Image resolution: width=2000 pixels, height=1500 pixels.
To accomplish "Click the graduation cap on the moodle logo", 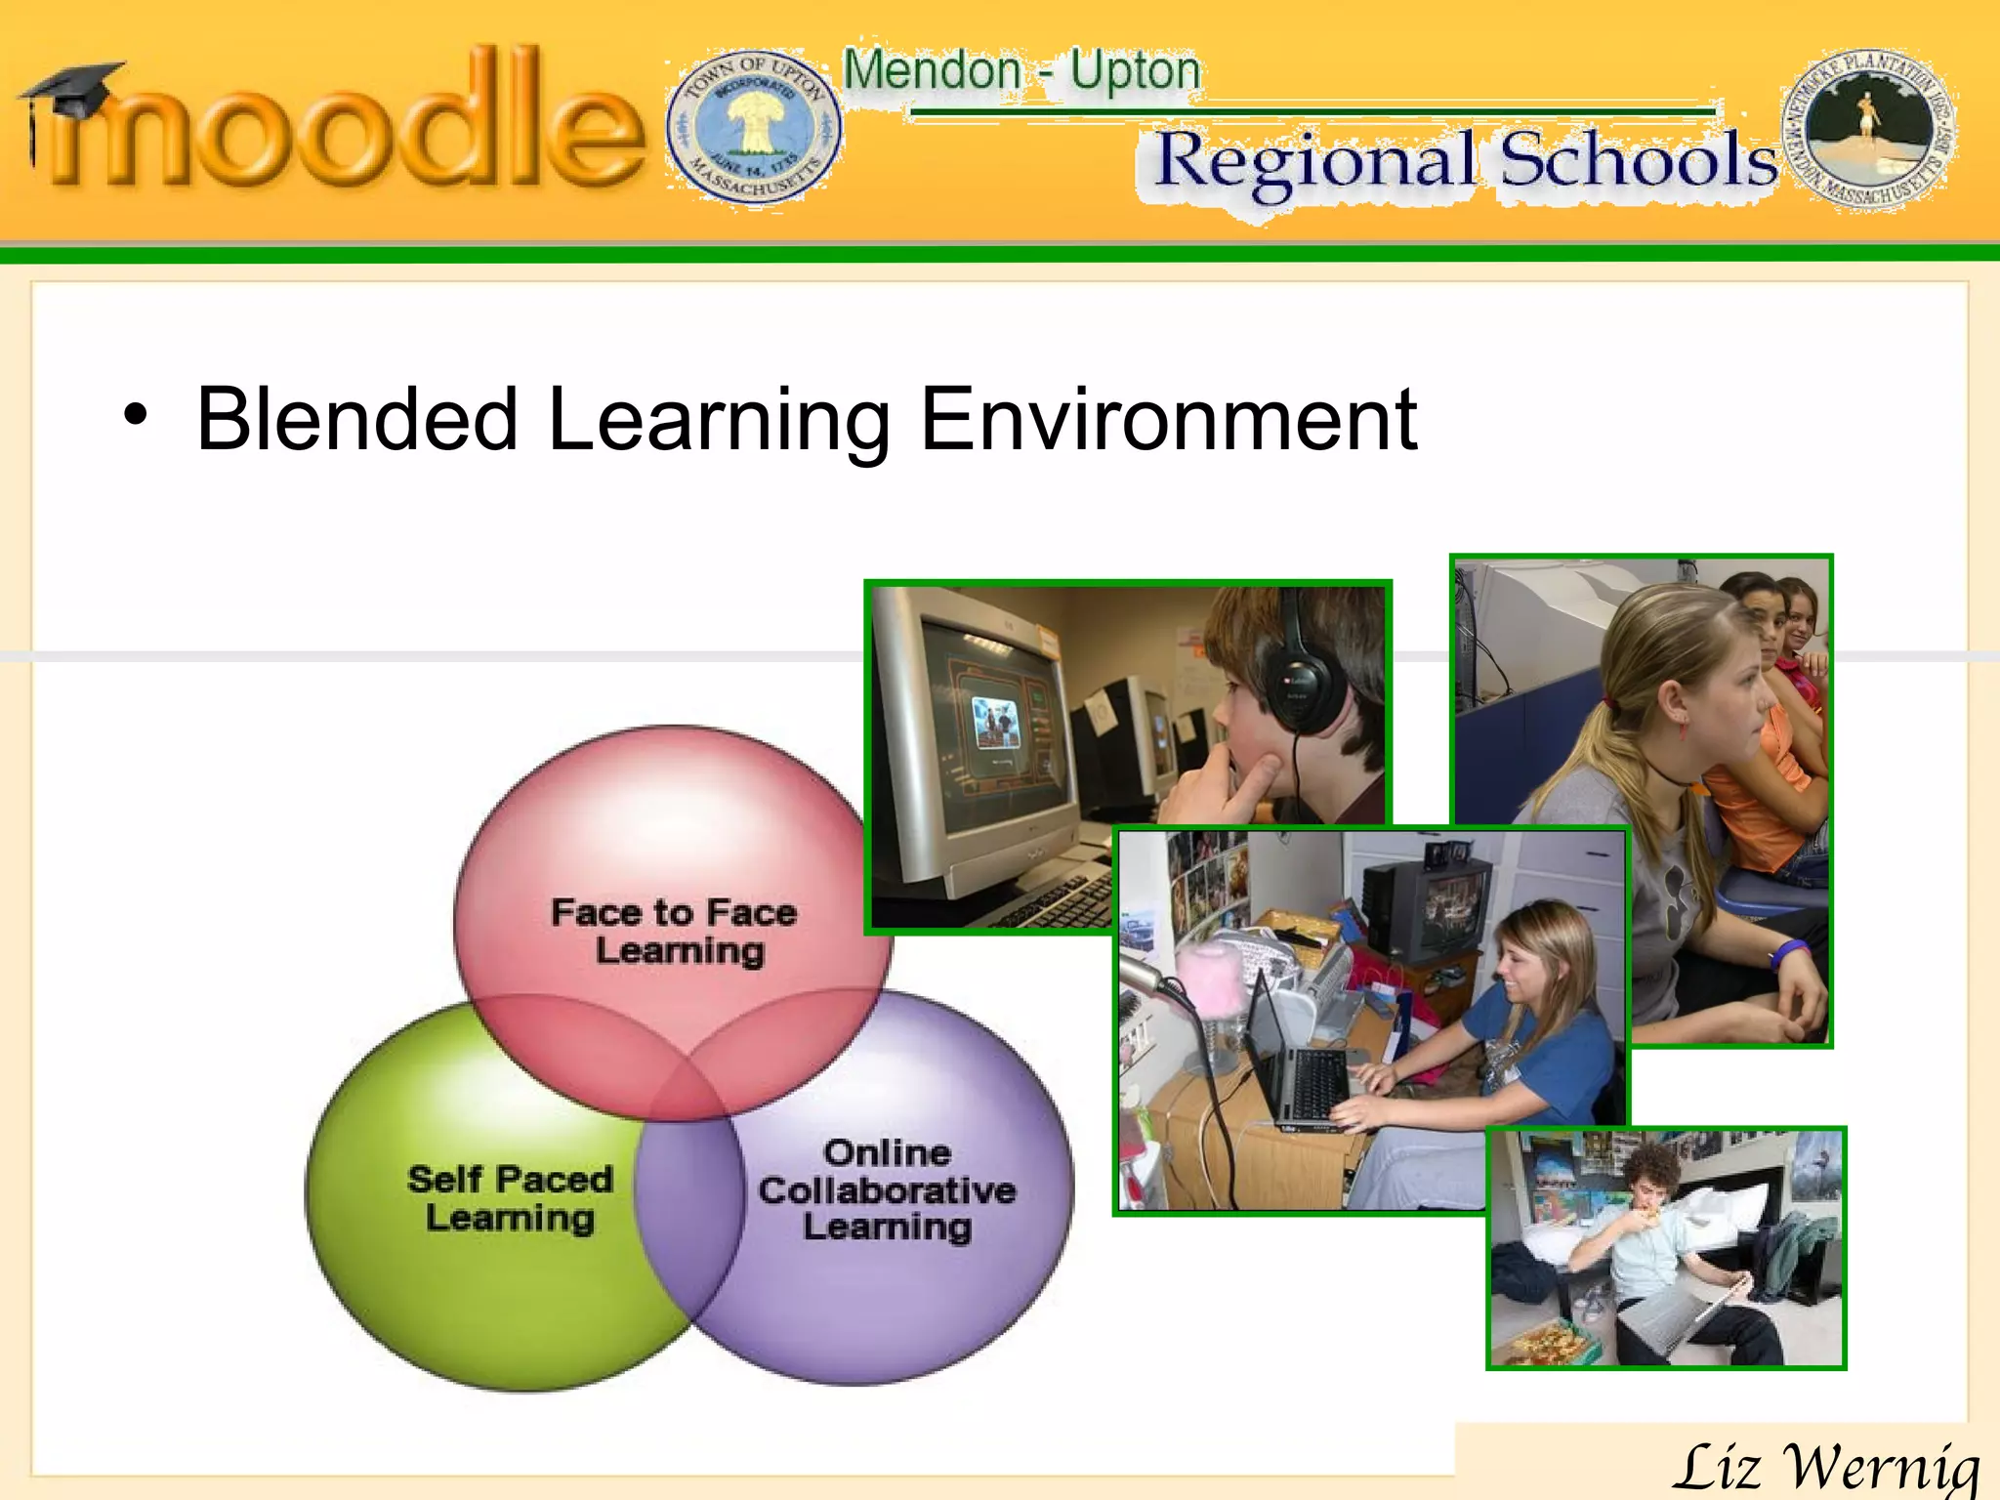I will point(74,93).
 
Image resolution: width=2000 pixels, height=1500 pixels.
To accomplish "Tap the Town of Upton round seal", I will point(754,127).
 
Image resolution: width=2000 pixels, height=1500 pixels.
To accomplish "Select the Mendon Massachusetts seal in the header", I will point(1867,131).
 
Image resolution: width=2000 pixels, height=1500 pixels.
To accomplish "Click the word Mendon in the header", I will point(932,71).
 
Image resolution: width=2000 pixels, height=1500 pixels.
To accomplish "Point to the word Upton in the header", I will point(1135,71).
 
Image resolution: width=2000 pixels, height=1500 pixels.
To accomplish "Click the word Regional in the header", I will point(1314,162).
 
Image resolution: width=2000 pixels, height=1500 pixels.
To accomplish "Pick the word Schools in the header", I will point(1639,160).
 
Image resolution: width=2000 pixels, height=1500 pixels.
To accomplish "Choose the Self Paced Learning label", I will point(511,1198).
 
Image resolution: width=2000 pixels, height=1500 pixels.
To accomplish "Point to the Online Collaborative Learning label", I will point(887,1189).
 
